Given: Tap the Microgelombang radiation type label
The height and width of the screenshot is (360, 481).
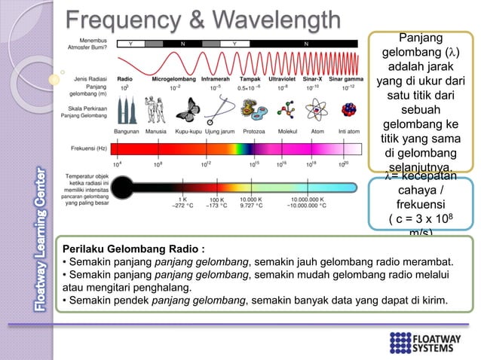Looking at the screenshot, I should [175, 78].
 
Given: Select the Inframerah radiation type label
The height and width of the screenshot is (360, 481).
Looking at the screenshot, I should [215, 78].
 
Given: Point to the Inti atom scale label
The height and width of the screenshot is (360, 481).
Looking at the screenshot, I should [348, 131].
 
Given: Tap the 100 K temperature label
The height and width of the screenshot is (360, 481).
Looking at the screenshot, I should [216, 200].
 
